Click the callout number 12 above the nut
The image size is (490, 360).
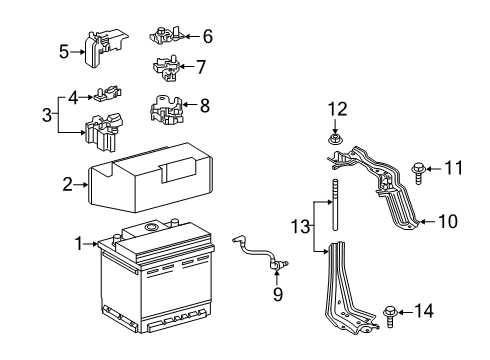(337, 107)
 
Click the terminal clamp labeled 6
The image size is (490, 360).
(165, 36)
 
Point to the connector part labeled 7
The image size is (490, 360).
(166, 69)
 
